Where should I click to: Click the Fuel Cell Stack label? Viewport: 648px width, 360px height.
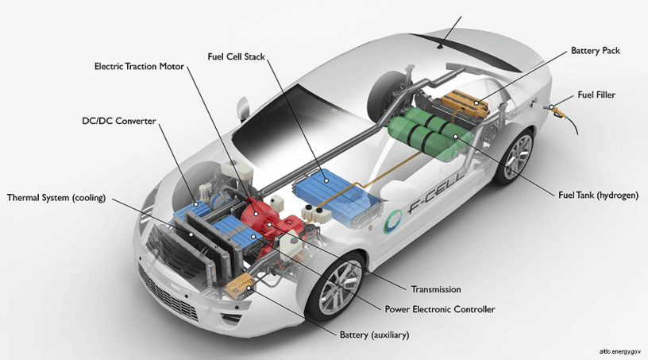pos(236,56)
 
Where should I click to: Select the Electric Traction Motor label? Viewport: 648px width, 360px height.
pos(139,66)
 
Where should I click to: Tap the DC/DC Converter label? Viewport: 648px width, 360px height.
pos(119,121)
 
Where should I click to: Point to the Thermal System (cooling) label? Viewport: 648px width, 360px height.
pos(56,197)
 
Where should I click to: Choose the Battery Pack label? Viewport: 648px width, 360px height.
pos(595,51)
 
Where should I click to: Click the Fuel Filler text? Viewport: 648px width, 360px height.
pos(596,95)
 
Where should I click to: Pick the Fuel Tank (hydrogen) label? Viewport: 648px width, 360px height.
pos(598,195)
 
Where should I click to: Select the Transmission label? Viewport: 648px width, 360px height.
pos(436,289)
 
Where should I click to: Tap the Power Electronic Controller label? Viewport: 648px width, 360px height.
pos(440,309)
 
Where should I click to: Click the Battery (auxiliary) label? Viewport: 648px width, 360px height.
pos(374,335)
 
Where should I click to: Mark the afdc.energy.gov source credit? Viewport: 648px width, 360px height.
pos(620,352)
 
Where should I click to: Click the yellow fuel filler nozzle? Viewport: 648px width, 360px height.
pos(559,111)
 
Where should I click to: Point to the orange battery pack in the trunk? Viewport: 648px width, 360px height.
pos(465,103)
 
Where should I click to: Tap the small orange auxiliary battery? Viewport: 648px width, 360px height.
pos(239,286)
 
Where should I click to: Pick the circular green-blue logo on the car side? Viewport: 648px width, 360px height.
pos(392,221)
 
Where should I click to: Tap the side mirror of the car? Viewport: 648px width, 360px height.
pos(242,109)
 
